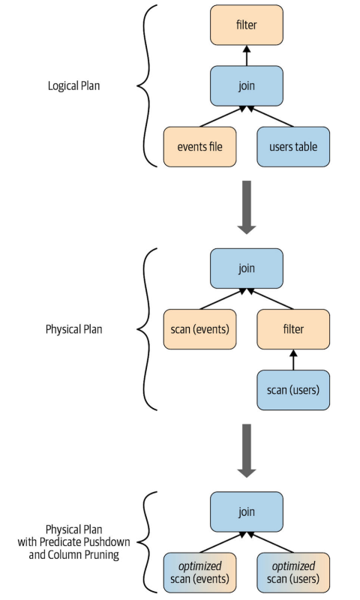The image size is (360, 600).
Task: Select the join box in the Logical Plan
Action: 247,85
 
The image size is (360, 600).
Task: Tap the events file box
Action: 199,146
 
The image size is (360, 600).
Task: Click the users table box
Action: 292,146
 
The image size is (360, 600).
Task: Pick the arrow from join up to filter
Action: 247,54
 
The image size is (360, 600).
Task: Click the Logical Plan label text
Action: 73,85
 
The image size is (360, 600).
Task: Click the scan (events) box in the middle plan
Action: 199,328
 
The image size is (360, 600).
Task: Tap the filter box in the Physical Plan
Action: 292,328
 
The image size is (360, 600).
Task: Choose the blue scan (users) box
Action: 292,389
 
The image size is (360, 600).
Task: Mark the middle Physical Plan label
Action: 73,328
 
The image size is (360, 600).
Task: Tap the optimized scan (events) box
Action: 199,573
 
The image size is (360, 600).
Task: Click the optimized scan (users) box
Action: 292,573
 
